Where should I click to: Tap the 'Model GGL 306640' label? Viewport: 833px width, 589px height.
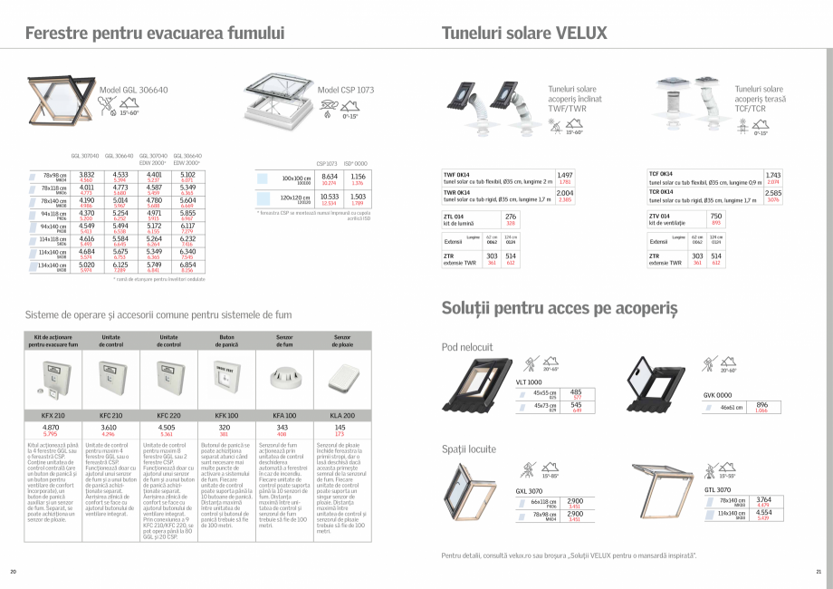[134, 91]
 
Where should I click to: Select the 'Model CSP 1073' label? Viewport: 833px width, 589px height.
[345, 91]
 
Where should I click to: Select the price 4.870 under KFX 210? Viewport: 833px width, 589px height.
[51, 426]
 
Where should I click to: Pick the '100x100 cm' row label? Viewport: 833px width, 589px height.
[296, 178]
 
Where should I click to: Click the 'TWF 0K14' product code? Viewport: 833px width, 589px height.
[456, 173]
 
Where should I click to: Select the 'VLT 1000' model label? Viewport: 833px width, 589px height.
[529, 382]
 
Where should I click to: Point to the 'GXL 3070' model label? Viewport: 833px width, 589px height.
[529, 490]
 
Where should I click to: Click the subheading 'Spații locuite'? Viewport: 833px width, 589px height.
[469, 449]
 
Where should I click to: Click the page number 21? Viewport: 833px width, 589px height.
[818, 572]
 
